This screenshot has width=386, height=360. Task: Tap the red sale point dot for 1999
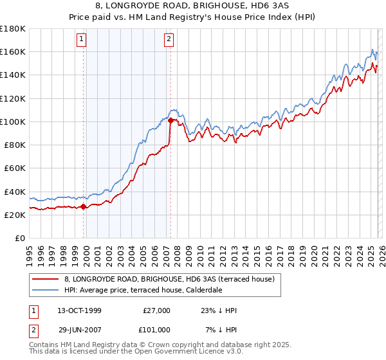pos(84,207)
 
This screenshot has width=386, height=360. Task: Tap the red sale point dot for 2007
pos(170,120)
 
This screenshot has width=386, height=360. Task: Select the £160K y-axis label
pos(13,51)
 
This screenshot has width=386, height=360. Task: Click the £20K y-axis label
pos(15,215)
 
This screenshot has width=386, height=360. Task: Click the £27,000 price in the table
pos(156,310)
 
